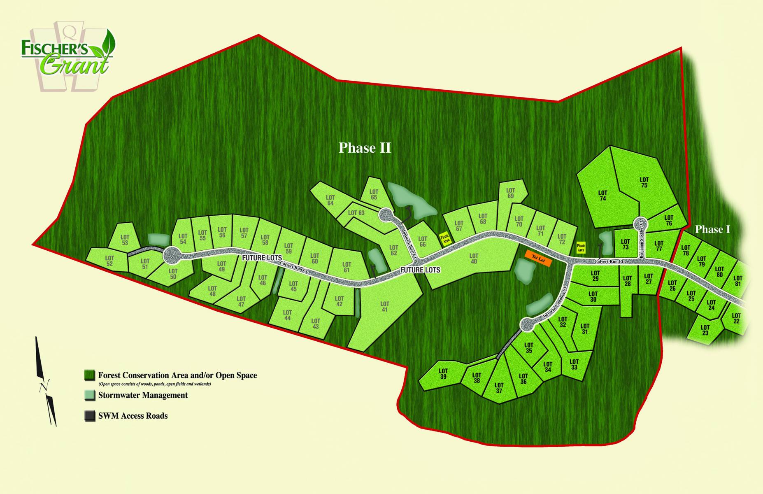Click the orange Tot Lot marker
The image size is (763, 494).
pyautogui.click(x=538, y=260)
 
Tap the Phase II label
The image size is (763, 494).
pyautogui.click(x=365, y=148)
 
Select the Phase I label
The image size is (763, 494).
pyautogui.click(x=712, y=229)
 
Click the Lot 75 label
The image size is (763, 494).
pyautogui.click(x=644, y=182)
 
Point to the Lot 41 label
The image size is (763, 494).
pyautogui.click(x=384, y=307)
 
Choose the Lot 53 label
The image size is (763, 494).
pyautogui.click(x=125, y=240)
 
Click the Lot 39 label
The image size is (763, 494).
pyautogui.click(x=443, y=374)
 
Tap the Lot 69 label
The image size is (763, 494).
pyautogui.click(x=510, y=193)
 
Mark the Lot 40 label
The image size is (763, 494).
pyautogui.click(x=474, y=259)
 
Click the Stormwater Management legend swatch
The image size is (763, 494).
pyautogui.click(x=90, y=396)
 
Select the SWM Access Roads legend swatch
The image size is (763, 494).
pyautogui.click(x=90, y=416)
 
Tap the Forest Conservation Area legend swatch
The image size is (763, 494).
pyautogui.click(x=90, y=375)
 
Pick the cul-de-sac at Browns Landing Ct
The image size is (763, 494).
pyautogui.click(x=526, y=325)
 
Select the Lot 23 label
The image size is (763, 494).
pyautogui.click(x=705, y=330)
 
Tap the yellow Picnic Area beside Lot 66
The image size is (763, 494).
pyautogui.click(x=444, y=238)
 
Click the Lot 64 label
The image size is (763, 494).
pyautogui.click(x=330, y=200)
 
